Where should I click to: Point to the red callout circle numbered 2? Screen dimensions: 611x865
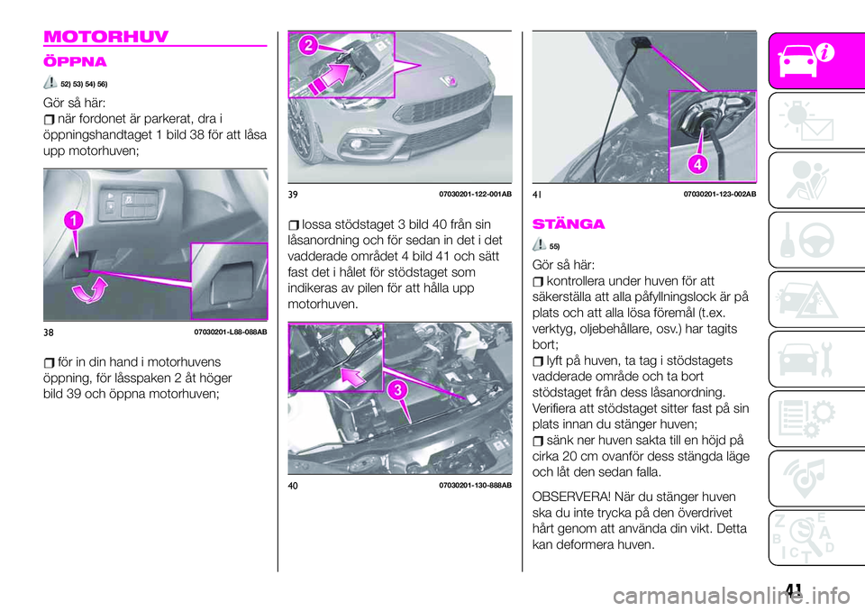[308, 46]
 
